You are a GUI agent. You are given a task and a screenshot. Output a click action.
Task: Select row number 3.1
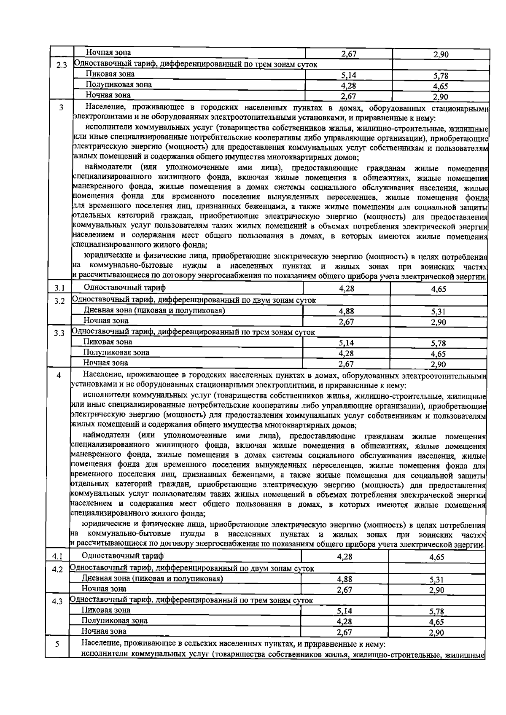(x=59, y=289)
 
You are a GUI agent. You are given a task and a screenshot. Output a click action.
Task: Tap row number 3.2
(x=59, y=301)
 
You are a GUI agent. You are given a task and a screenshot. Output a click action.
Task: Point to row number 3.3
(x=59, y=333)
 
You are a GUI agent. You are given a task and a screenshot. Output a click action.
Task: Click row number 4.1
(x=57, y=556)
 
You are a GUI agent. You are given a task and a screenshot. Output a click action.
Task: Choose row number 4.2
(x=57, y=570)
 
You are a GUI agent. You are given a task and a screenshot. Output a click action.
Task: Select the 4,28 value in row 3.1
(x=346, y=289)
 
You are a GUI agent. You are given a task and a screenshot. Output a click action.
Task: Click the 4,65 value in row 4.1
(x=436, y=557)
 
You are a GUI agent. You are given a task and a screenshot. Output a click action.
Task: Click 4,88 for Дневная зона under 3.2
(x=347, y=311)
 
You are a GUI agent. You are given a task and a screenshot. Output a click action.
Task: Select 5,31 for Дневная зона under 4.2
(x=436, y=580)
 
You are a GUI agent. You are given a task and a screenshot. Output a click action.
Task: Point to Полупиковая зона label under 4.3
(x=114, y=621)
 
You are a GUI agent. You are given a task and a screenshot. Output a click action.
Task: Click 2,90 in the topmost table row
(x=441, y=54)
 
